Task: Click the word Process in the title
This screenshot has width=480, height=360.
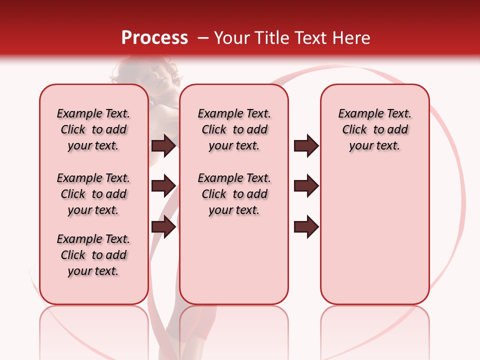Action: (x=154, y=38)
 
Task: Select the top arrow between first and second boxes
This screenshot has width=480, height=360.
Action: (x=163, y=146)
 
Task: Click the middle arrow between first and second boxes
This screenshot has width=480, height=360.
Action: (x=163, y=186)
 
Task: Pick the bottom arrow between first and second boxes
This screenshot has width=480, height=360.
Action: (x=163, y=227)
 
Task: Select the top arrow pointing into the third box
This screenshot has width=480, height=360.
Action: (x=306, y=146)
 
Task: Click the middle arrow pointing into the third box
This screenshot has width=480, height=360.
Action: (x=306, y=186)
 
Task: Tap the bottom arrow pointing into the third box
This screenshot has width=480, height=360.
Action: (x=306, y=227)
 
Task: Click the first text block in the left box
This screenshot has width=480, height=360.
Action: (x=93, y=129)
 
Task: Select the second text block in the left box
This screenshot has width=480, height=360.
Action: (x=93, y=194)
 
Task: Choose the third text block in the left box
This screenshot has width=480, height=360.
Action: (x=93, y=255)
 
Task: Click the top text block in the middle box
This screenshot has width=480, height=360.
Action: (x=234, y=129)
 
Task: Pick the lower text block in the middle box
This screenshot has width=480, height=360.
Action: (x=234, y=194)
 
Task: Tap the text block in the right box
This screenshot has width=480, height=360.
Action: (x=374, y=129)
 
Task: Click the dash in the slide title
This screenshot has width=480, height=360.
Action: (x=203, y=38)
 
